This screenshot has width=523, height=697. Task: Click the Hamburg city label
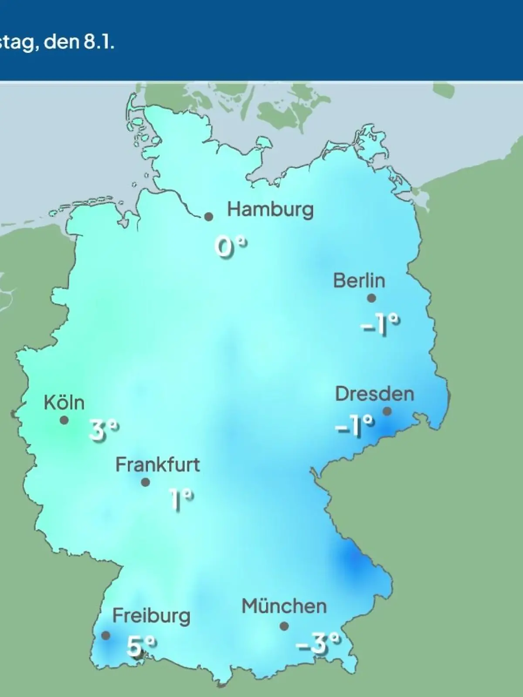tap(270, 210)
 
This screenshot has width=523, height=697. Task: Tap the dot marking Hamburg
tap(209, 217)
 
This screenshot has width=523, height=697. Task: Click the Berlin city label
tap(359, 281)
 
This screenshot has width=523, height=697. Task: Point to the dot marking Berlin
tap(371, 298)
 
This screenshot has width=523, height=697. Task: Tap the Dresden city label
tap(374, 394)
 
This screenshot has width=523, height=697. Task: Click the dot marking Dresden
tap(387, 411)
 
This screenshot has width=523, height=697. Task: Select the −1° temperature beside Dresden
tap(355, 426)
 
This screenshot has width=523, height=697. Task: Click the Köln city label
tap(64, 403)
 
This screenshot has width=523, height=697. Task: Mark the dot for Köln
tap(64, 420)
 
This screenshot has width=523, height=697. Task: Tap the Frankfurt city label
tap(157, 465)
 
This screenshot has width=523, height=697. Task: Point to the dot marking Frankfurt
tap(146, 482)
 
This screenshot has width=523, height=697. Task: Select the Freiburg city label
tap(151, 616)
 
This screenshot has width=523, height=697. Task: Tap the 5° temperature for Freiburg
tap(140, 646)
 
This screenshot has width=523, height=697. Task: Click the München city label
tap(284, 606)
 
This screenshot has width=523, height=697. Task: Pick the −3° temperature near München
tap(318, 643)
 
